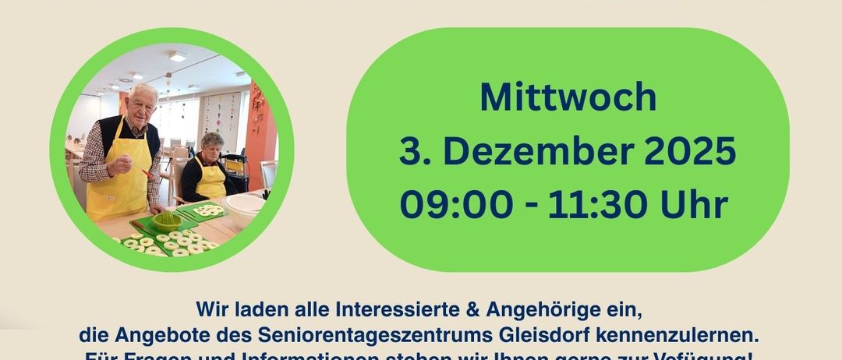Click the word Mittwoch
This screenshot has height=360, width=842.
pyautogui.click(x=568, y=97)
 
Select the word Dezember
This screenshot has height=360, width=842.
pyautogui.click(x=541, y=151)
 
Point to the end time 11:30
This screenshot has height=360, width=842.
pyautogui.click(x=598, y=205)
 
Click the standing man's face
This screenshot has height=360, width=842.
pyautogui.click(x=142, y=104)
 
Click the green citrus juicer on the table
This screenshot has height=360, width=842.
pyautogui.click(x=165, y=219)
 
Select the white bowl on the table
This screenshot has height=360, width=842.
pyautogui.click(x=243, y=205)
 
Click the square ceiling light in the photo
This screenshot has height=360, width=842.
pyautogui.click(x=178, y=57)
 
